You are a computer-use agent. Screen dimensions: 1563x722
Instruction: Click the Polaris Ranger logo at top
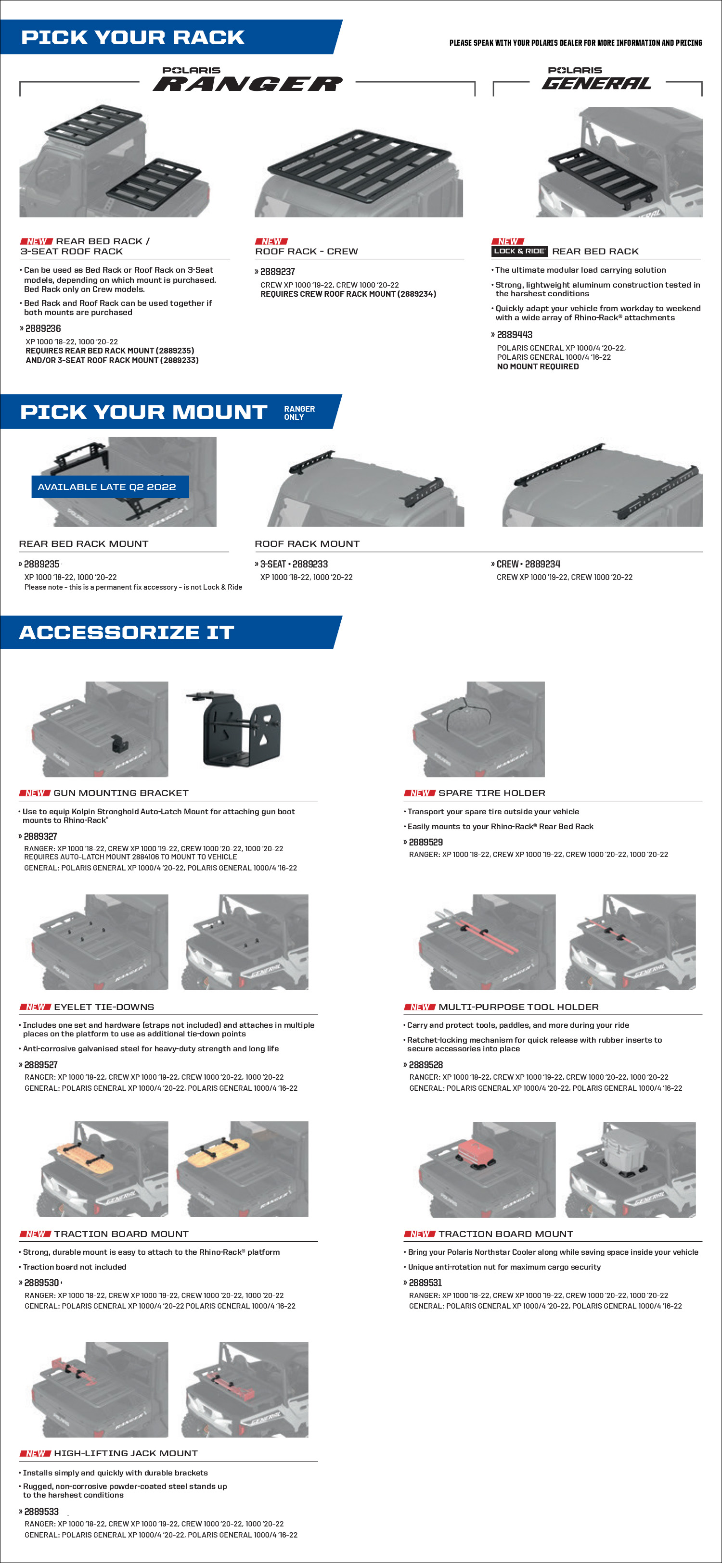pos(248,79)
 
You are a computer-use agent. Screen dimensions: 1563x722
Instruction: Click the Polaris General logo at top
pos(596,79)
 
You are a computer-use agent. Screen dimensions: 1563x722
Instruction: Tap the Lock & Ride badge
pos(519,251)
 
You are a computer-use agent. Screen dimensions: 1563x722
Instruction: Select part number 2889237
pos(278,272)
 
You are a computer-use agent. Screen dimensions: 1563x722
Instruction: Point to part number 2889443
pos(515,335)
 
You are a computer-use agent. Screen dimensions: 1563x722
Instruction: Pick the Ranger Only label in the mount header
pos(299,413)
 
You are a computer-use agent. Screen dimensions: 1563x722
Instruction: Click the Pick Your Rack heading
pos(133,38)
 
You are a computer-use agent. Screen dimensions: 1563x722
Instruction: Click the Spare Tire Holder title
pos(491,793)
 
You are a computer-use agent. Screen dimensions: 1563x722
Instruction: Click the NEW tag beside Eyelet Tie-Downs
pos(35,1007)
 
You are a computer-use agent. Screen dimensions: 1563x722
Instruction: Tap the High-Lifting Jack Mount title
pos(126,1453)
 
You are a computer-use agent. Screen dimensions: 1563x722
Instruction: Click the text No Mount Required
pos(537,366)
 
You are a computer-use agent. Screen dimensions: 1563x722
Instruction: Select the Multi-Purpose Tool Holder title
pos(518,1007)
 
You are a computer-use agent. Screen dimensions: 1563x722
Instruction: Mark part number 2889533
pos(41,1512)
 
